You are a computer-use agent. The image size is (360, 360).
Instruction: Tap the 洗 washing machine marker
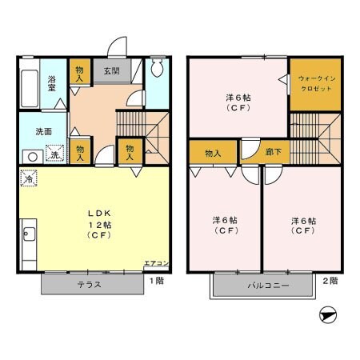click(54, 154)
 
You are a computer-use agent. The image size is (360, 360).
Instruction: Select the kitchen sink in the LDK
click(29, 235)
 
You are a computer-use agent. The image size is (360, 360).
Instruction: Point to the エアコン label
click(155, 262)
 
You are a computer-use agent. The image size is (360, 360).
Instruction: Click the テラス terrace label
click(89, 285)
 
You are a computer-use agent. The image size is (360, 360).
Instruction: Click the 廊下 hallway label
click(274, 152)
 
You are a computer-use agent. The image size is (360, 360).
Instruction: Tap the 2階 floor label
click(330, 281)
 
